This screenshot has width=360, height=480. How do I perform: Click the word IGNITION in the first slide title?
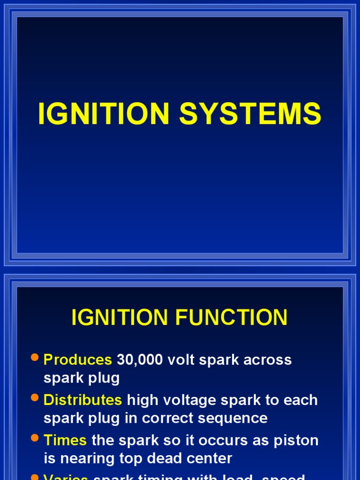(x=103, y=114)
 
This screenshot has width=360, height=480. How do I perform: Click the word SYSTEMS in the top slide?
(x=250, y=114)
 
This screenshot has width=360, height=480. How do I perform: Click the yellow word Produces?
(x=77, y=360)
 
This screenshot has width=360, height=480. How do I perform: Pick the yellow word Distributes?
(x=82, y=400)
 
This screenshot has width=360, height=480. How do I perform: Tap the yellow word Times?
(x=65, y=441)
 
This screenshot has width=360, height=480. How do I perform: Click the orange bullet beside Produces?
(x=34, y=358)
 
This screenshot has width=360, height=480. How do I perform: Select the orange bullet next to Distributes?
(x=34, y=398)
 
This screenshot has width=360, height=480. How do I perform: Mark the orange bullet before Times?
(x=34, y=439)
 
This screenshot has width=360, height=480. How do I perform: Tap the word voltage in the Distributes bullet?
(x=186, y=400)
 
